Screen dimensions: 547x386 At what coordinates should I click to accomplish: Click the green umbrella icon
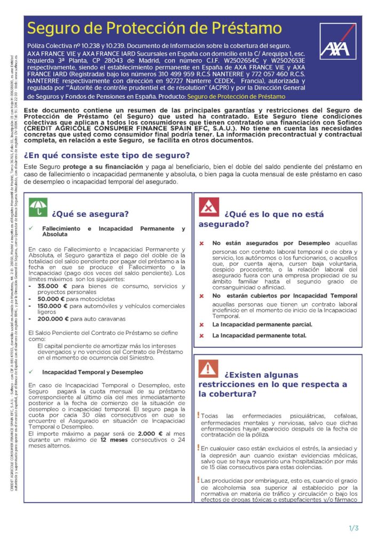coord(37,208)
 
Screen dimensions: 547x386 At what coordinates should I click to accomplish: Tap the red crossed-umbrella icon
coord(208,207)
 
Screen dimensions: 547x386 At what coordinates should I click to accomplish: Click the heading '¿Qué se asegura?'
coord(90,214)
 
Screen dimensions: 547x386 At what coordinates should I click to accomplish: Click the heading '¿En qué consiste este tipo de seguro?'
coord(107,155)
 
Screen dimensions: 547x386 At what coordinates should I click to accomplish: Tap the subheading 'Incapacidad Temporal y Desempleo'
coord(93,372)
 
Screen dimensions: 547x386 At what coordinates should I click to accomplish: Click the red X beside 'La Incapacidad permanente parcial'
coord(202,325)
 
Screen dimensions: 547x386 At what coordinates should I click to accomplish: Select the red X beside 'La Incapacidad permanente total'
coord(202,335)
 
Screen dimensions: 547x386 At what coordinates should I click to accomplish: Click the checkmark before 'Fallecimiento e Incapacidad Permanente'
coord(31,229)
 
